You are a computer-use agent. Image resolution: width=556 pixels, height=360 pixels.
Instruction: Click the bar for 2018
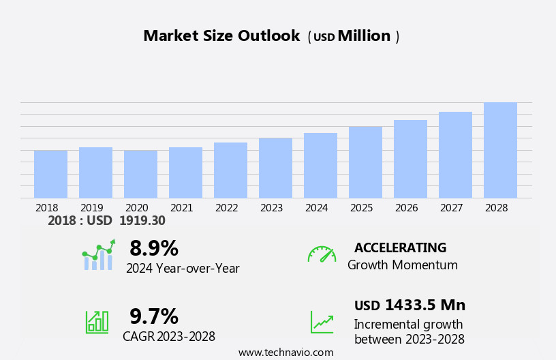pos(50,175)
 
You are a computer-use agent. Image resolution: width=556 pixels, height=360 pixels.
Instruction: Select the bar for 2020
pos(140,175)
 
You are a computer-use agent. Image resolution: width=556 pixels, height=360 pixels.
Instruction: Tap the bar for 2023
pos(275,168)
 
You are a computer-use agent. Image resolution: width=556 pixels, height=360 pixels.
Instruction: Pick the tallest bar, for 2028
pos(500,151)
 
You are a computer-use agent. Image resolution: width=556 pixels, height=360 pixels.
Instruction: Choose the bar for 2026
pos(410,160)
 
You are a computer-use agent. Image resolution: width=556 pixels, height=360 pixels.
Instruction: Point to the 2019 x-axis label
pos(91,208)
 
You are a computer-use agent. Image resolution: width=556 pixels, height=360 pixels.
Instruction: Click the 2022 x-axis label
pos(226,208)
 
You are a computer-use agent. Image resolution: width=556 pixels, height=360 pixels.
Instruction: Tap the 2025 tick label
pos(361,208)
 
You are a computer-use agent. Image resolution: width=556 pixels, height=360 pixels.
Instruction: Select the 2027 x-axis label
pos(451,208)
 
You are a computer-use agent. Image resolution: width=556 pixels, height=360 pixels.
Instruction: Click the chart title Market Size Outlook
pos(221,36)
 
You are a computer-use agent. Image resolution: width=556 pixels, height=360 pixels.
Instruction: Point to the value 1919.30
pos(142,221)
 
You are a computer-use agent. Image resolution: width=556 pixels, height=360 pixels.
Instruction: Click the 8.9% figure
pos(154,248)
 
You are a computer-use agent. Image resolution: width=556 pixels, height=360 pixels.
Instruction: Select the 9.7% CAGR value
pos(154,316)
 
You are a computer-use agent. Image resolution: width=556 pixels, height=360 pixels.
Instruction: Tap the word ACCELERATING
pos(400,248)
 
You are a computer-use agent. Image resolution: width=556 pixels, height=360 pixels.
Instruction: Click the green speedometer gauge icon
pos(322,254)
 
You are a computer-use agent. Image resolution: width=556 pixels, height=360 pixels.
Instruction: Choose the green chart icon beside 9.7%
pos(97,321)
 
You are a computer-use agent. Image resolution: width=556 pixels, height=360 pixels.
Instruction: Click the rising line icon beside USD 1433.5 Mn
pos(322,322)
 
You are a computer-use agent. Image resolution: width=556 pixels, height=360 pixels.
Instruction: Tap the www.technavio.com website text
pos(285,352)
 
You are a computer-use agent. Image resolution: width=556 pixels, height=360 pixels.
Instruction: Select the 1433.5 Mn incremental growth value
pos(425,305)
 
